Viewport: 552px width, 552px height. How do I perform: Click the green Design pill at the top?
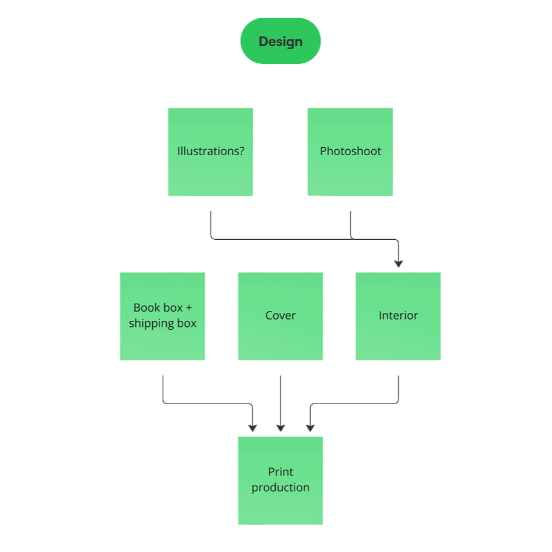coord(281,41)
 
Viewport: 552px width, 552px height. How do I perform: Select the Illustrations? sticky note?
coord(211,152)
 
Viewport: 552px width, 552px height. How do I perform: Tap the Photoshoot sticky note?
coord(351,152)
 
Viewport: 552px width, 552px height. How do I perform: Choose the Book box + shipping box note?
coord(162,316)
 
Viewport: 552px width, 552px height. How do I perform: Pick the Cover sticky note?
coord(280,316)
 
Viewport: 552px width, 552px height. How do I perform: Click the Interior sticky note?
coord(398,316)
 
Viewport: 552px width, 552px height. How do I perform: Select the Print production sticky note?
coord(280,481)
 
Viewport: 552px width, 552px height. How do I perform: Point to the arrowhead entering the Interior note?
coord(399,264)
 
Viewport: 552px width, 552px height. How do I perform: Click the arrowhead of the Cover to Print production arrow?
coord(281,428)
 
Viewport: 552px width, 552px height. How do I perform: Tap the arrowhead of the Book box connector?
coord(253,428)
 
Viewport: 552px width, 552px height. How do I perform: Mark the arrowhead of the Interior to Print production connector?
coord(310,428)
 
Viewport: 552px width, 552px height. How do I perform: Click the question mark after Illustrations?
coord(241,151)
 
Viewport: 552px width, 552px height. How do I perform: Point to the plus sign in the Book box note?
coord(189,308)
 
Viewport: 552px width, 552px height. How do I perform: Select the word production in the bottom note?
coord(281,488)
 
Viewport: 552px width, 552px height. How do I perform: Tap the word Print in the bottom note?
coord(281,472)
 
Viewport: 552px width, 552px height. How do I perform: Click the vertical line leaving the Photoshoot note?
coord(351,225)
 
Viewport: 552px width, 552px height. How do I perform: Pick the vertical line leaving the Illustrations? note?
coord(211,224)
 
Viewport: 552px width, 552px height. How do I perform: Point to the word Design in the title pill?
coord(281,41)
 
